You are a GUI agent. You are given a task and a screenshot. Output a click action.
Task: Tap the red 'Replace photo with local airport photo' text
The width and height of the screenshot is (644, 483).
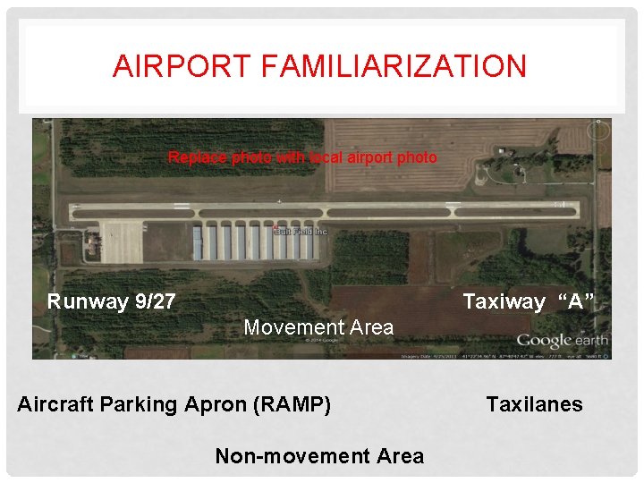[x=302, y=157]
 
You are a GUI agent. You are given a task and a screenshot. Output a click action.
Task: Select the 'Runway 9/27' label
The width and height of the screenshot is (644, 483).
[x=111, y=301]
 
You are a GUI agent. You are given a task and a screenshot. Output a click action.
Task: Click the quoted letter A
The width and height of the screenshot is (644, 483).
[x=575, y=301]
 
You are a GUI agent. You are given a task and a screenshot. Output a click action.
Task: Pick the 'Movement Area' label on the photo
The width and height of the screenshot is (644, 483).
[x=318, y=327]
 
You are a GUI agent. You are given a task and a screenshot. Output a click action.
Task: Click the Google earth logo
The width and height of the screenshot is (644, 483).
[x=562, y=340]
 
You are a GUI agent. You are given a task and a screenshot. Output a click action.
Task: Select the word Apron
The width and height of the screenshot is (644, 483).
[x=222, y=404]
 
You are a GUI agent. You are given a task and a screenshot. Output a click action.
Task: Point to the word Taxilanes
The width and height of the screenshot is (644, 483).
[x=534, y=404]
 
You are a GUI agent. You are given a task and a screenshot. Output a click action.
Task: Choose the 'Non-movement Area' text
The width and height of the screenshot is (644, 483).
[x=319, y=456]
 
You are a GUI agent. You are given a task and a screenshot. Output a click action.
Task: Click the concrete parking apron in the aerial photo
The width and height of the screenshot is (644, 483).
[x=122, y=241]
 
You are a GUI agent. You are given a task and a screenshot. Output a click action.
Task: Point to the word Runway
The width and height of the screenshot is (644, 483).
[x=89, y=301]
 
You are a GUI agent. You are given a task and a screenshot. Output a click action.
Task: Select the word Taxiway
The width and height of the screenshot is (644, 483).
[x=504, y=301]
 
